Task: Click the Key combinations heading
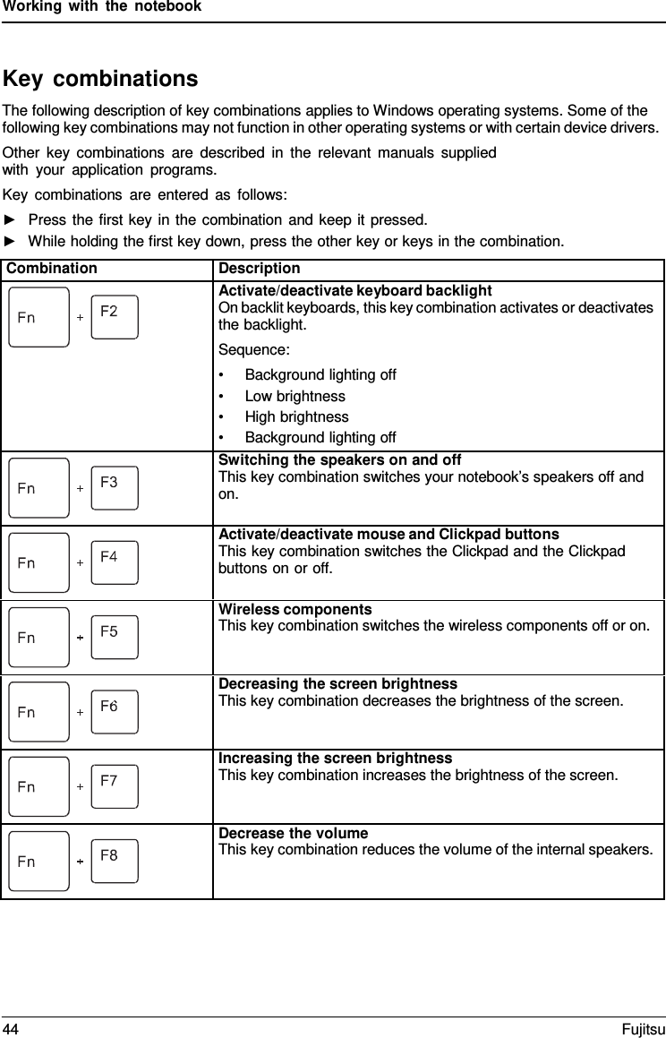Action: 101,79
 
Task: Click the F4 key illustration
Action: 115,562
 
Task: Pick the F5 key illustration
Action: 115,636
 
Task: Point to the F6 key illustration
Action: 115,711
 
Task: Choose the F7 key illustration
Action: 115,785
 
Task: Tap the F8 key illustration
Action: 115,860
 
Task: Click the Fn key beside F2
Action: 38,317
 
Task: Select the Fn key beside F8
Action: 38,861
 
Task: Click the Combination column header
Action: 52,269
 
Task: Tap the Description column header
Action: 260,269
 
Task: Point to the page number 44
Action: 11,1027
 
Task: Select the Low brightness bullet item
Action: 295,396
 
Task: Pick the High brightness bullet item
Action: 296,416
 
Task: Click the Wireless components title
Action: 295,610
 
